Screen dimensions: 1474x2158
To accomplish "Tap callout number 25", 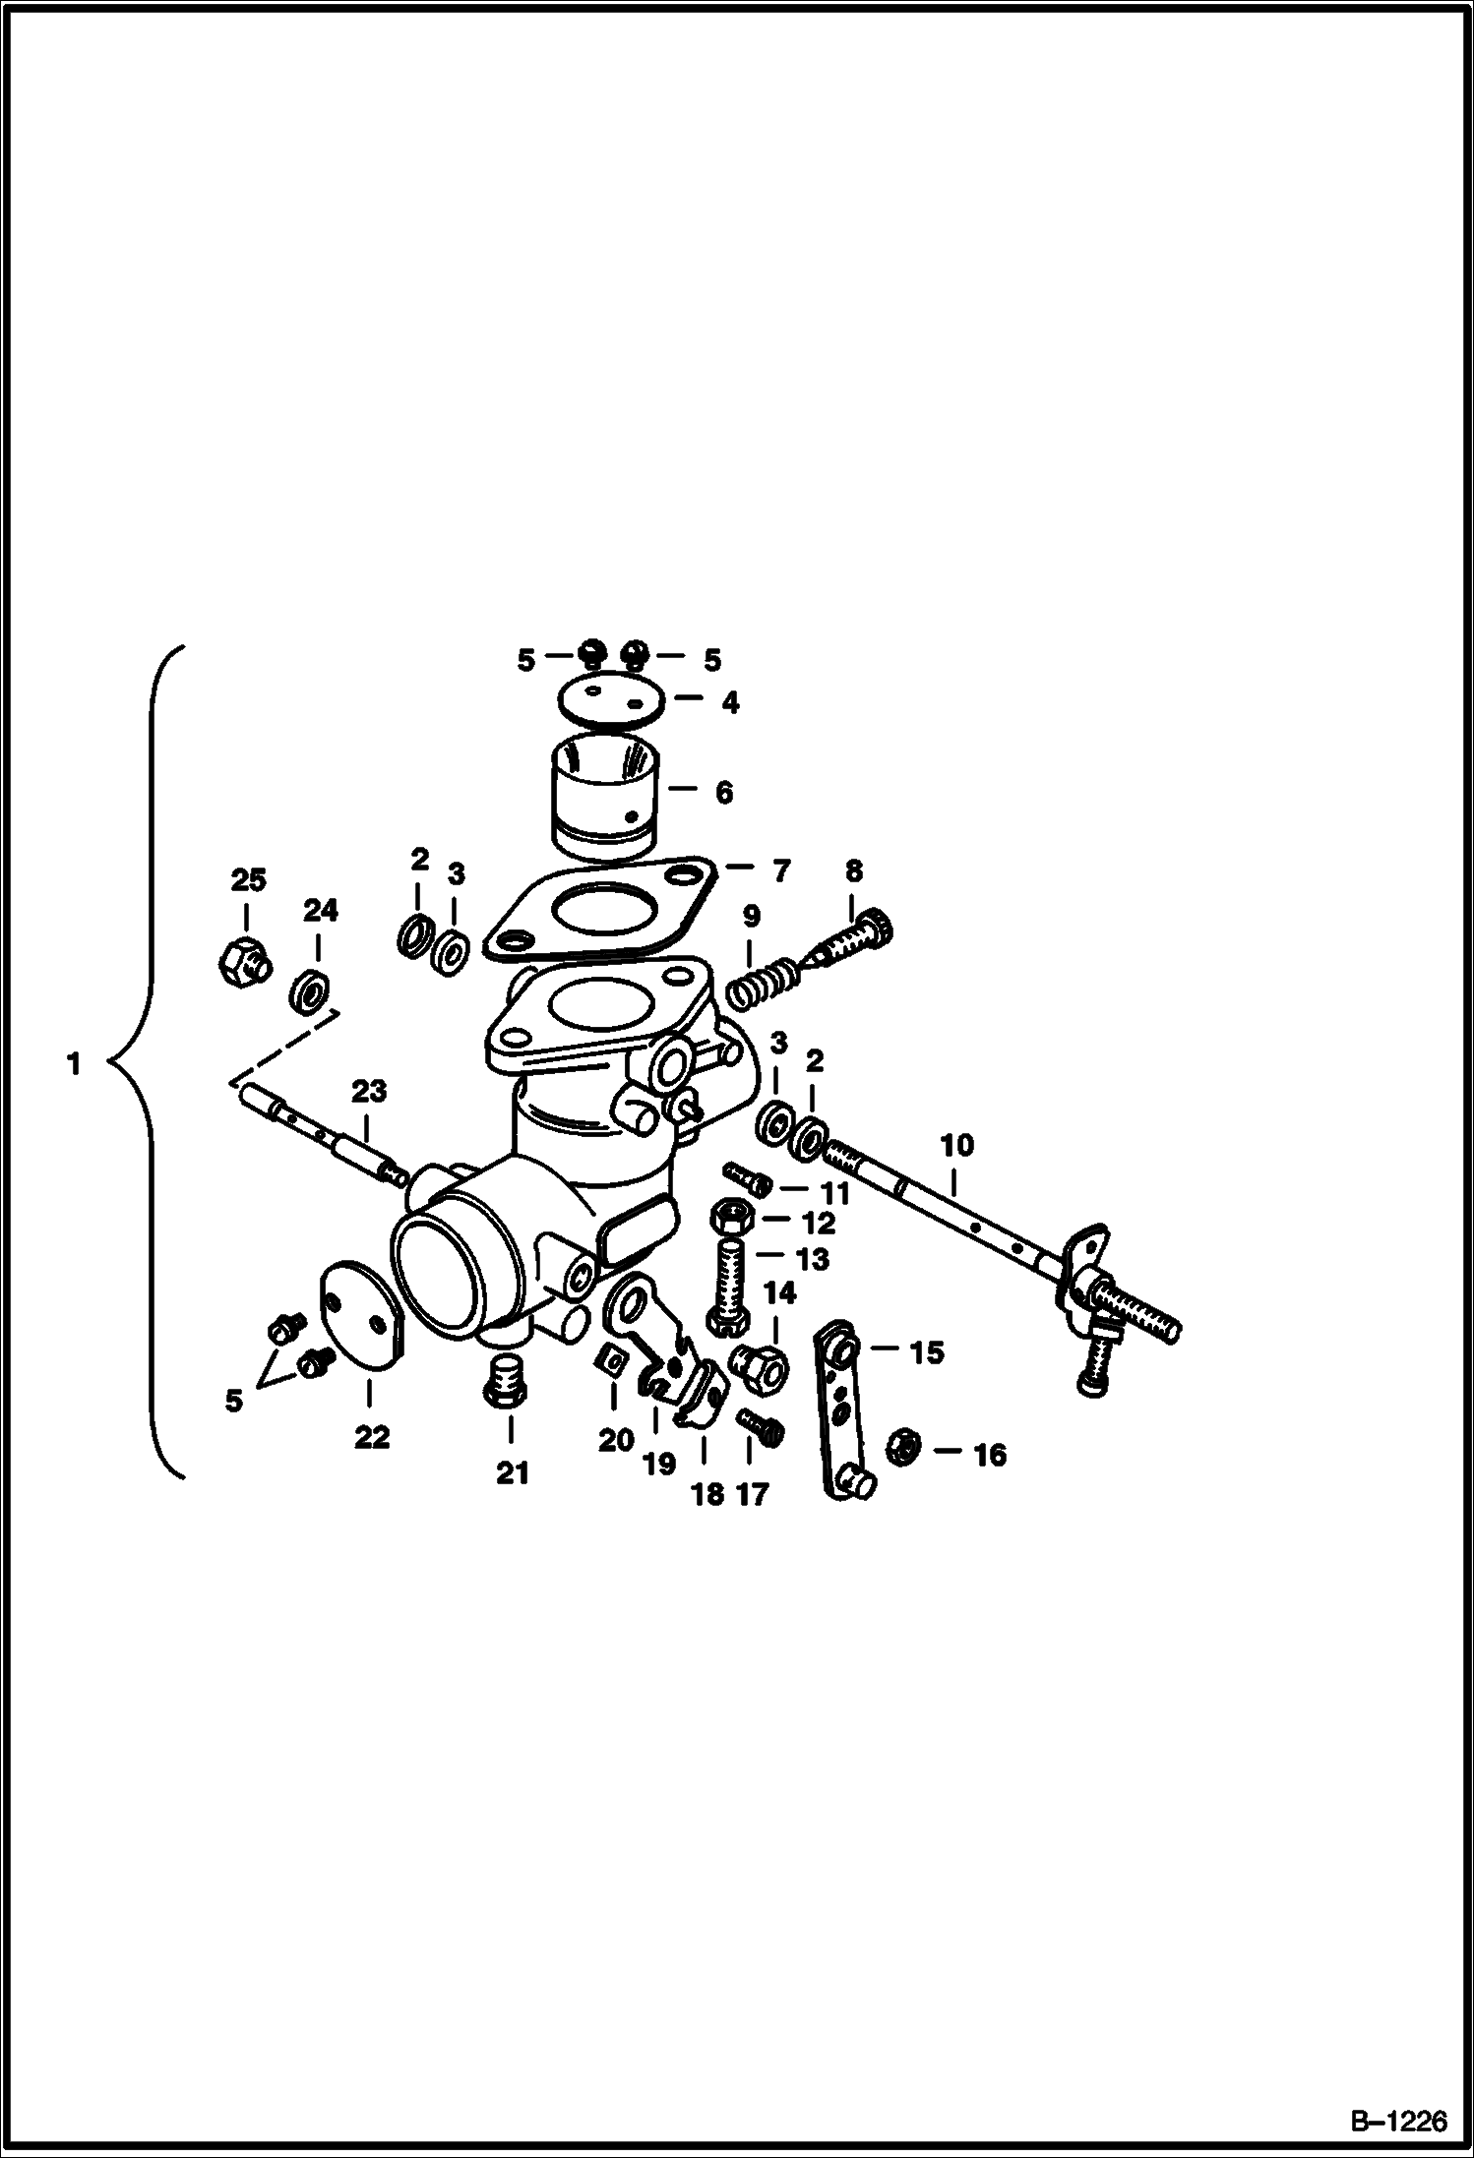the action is coord(248,879).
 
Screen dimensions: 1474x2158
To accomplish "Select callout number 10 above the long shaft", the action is coord(957,1145).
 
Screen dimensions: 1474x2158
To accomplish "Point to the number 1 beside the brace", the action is coord(74,1064).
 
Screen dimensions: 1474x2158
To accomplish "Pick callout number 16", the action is coord(989,1455).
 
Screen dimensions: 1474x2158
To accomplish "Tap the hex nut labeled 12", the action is coord(732,1218).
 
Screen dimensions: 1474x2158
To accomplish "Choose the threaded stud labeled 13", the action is coord(732,1286).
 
